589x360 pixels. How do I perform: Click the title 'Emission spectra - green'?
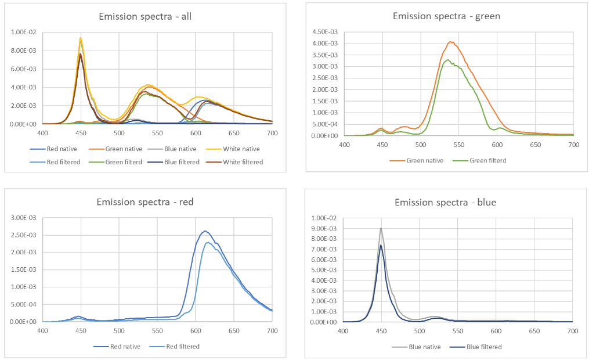tap(446, 16)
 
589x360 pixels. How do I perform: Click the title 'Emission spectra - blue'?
tap(445, 203)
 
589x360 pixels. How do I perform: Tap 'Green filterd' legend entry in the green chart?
tap(487, 160)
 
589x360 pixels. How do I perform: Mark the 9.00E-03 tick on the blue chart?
tap(324, 228)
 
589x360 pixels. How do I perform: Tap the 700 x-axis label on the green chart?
tap(573, 144)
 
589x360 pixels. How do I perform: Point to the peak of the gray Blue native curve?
tap(381, 228)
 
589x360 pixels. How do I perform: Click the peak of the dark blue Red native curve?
tap(204, 231)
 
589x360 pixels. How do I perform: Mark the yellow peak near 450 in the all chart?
tap(81, 38)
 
